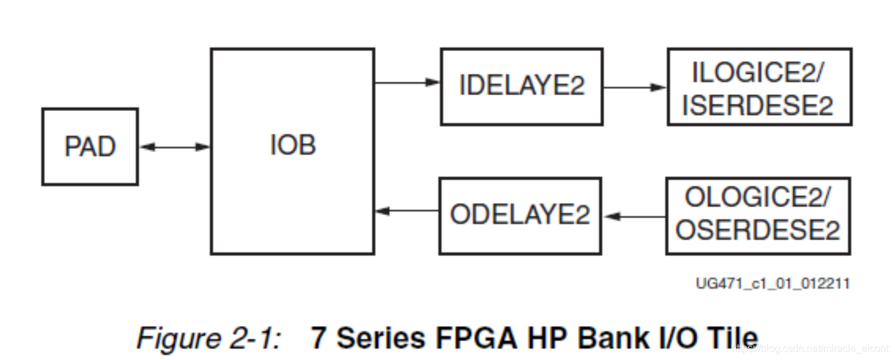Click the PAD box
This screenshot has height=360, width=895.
(89, 147)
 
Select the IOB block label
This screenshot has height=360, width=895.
(292, 146)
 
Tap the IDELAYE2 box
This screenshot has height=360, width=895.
(521, 86)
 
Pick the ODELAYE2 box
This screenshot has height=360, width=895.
(520, 215)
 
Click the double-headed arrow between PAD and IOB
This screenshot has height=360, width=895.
(174, 147)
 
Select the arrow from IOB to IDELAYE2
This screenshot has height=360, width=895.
(407, 82)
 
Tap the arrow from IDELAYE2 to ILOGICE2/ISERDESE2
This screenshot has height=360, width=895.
(634, 88)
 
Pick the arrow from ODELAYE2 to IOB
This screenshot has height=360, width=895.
(407, 211)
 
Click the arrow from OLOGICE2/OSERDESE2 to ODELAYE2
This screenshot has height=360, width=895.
(634, 216)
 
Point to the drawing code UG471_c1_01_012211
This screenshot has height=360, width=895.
(772, 284)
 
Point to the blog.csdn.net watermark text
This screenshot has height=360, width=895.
(813, 347)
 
